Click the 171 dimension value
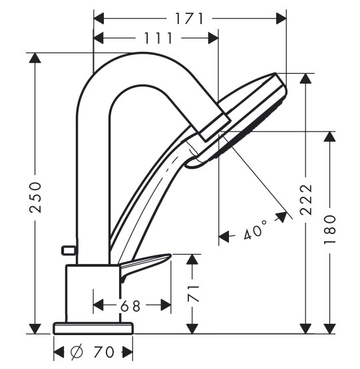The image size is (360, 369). [x=189, y=19]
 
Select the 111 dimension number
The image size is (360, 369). [x=158, y=38]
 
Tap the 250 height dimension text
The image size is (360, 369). [x=35, y=197]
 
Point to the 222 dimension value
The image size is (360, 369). [x=306, y=199]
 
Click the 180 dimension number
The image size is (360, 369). [x=329, y=229]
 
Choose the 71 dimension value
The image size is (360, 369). [x=193, y=293]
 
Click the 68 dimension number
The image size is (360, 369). [x=130, y=306]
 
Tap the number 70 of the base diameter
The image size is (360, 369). [x=103, y=352]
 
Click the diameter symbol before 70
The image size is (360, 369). [x=77, y=352]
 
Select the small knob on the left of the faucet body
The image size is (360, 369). [x=69, y=250]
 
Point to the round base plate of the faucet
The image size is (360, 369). [x=93, y=328]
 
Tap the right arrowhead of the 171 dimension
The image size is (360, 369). [x=281, y=19]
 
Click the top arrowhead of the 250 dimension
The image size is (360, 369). [x=35, y=58]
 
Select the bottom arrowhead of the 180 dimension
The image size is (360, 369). [x=329, y=328]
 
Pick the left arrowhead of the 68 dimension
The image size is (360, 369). [x=98, y=305]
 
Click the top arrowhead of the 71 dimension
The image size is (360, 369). [x=193, y=259]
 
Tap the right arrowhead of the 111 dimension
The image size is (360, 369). [x=214, y=38]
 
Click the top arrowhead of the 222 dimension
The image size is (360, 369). [x=305, y=78]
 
